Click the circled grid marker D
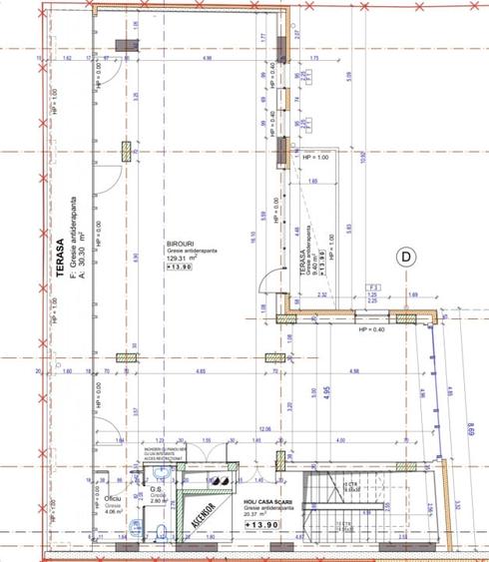[406, 257]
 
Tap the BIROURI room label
[180, 243]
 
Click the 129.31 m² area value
[182, 259]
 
